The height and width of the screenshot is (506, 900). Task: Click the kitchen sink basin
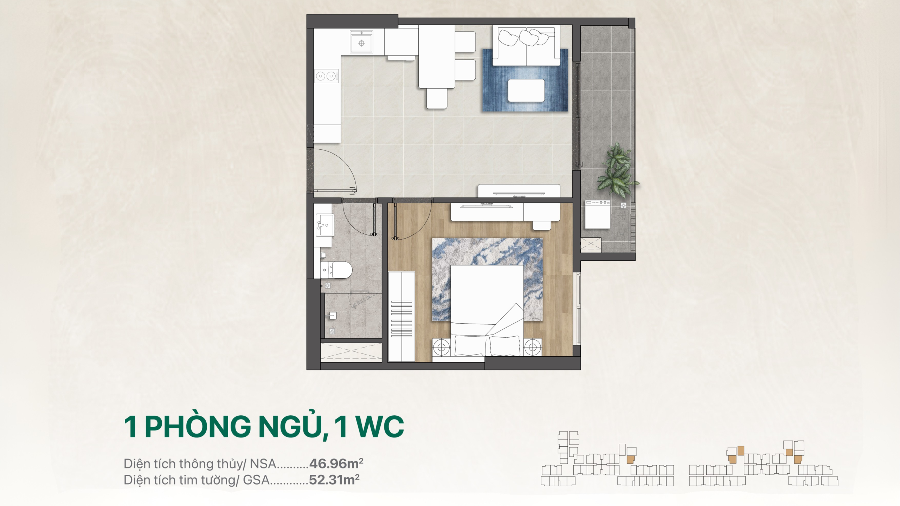point(361,41)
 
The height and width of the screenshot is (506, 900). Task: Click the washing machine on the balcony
point(597,214)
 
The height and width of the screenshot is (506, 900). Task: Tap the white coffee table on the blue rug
point(526,91)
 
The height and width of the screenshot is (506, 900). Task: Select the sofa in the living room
point(526,45)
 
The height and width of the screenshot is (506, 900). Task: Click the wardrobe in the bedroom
point(401,316)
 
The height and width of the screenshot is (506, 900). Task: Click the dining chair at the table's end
point(437,98)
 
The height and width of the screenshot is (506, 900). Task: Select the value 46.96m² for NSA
point(336,463)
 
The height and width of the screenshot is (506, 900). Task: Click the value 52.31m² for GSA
point(334,480)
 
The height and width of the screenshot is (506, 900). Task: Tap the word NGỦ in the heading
point(293,426)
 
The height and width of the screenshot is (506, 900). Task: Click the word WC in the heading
point(380,427)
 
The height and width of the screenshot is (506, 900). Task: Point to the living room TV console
point(519,191)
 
